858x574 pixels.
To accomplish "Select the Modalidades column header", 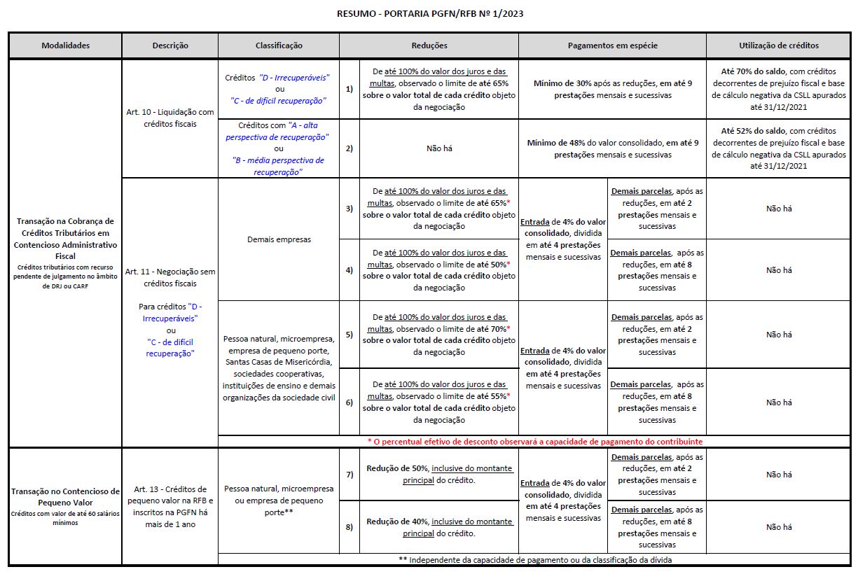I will coord(65,45).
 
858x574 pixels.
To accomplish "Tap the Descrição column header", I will coord(170,45).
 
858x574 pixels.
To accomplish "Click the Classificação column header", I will coord(279,45).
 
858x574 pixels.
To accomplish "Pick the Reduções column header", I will coord(429,45).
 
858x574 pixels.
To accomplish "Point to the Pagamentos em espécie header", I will coord(612,45).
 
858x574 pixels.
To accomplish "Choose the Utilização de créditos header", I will coord(779,45).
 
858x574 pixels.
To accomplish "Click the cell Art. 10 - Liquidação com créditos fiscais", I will coord(170,118).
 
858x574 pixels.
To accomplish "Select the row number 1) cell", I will coord(349,90).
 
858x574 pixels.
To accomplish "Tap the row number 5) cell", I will coord(349,335).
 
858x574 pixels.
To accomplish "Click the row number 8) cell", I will coord(349,527).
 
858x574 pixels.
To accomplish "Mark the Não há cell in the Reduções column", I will coord(439,148).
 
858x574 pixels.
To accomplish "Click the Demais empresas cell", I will coord(279,239).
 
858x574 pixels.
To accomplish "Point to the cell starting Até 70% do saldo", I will coord(779,90).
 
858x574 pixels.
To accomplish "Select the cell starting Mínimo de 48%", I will coord(612,148).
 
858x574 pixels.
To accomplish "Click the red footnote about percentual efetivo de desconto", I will coord(535,442).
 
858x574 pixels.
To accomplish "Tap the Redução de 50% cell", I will coord(439,474).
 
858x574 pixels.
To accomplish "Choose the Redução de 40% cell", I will coord(439,527).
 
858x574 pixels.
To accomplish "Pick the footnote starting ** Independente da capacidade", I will coord(535,559).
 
